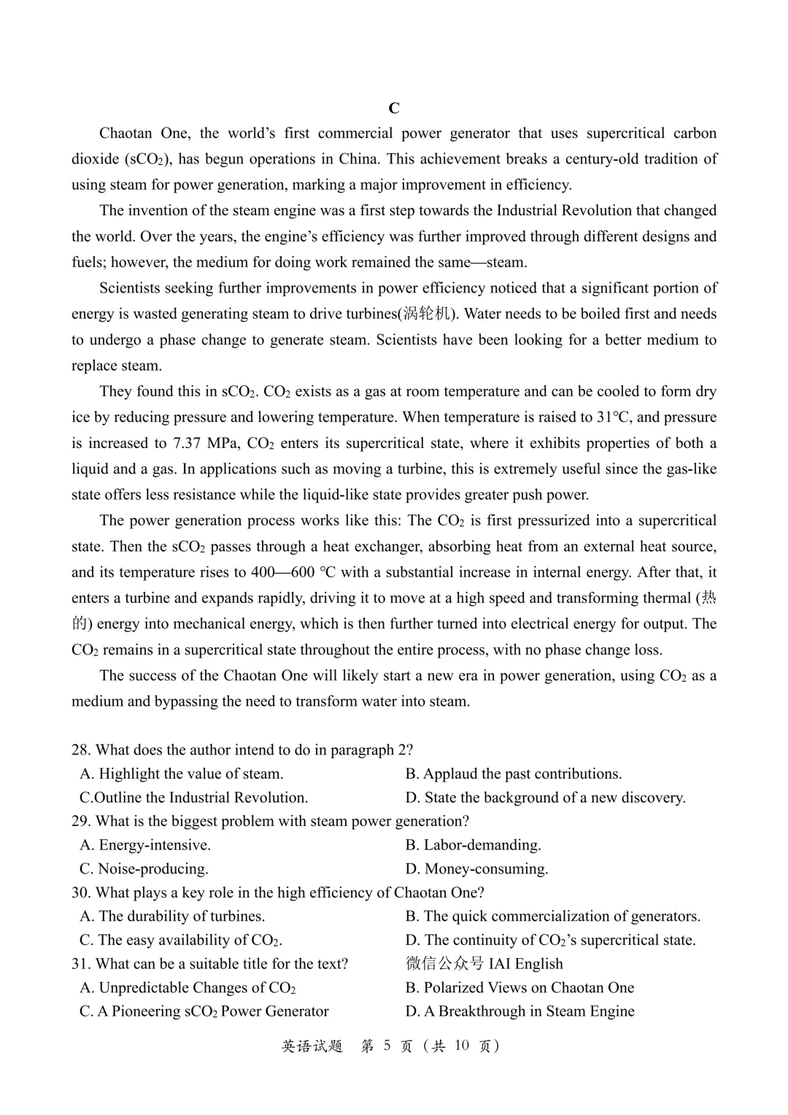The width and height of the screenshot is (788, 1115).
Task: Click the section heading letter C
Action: (394, 109)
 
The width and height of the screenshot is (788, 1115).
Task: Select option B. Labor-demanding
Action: (474, 845)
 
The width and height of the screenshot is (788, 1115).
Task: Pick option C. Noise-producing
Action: (144, 869)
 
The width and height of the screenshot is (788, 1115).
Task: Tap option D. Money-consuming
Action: (477, 869)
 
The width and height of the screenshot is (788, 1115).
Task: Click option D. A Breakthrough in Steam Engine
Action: (520, 1011)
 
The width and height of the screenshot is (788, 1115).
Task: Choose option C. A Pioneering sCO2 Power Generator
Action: (204, 1011)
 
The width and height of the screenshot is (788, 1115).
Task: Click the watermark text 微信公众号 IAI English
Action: (484, 964)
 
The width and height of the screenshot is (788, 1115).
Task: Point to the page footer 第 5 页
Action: (387, 1046)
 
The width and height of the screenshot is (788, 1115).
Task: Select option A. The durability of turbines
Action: (173, 917)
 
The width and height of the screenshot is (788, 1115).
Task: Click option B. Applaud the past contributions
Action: (514, 774)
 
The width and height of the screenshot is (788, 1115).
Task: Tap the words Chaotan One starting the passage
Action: (144, 134)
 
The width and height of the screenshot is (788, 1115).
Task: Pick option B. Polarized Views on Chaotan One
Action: (520, 988)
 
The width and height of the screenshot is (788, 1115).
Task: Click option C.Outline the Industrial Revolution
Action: (194, 798)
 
